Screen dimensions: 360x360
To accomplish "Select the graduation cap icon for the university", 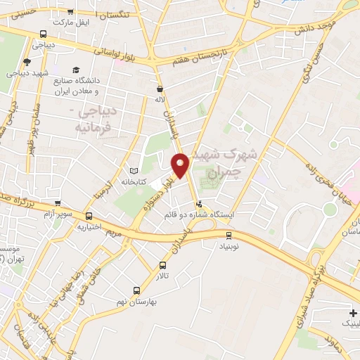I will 75,68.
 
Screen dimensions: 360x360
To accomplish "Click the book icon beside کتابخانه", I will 134,170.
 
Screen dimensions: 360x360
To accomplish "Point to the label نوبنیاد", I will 229,246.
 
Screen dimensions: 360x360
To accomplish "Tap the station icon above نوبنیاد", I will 229,235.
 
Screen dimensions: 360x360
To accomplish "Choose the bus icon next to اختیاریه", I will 89,217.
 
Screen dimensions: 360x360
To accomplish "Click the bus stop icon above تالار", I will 163,266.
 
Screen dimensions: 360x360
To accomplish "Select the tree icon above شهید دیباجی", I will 27,62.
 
